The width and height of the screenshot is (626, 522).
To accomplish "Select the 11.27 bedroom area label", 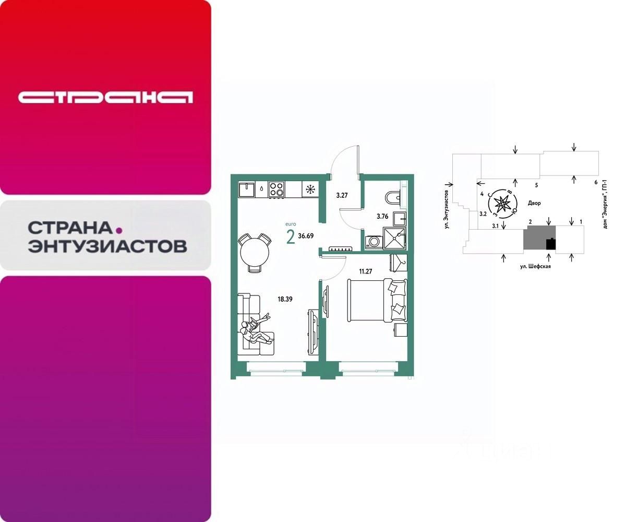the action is coord(365,271).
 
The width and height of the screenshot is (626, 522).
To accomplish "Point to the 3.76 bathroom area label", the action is coord(383,215).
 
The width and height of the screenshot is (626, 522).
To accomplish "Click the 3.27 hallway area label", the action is coord(342,196).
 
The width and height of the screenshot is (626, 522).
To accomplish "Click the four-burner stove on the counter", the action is coord(276,189).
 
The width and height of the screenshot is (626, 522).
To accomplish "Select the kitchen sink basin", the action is coord(245,188).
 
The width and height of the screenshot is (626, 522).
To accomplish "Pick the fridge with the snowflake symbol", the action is coord(310,189).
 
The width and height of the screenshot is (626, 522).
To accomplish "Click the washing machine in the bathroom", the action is coord(374,242).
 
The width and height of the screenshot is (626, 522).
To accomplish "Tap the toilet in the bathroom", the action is coord(392,198).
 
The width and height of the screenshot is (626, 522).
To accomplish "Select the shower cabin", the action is coord(395,239).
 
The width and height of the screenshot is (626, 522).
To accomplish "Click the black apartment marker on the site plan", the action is coord(550,244).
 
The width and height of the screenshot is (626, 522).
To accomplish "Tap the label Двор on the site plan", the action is coord(534,203).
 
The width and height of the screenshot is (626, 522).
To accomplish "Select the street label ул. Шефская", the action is coord(535,266).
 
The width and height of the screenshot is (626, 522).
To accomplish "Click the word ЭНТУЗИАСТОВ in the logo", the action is coord(107,246).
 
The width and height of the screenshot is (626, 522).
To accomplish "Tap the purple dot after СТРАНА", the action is coord(118,229).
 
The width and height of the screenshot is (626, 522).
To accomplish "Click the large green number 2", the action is coord(290,236).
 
